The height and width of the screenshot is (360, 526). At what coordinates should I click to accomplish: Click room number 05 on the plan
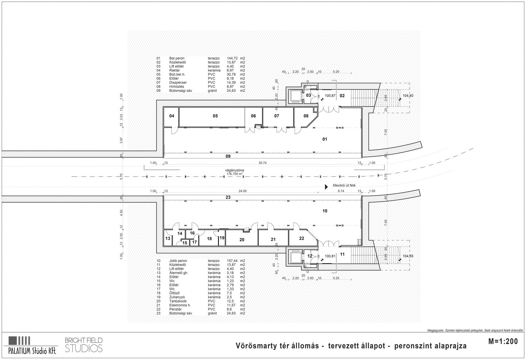click(215, 116)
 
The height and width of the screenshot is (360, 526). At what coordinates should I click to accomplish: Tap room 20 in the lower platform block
click(242, 240)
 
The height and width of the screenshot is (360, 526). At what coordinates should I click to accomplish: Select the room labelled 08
click(306, 116)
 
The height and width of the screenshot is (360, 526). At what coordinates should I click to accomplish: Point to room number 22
click(302, 238)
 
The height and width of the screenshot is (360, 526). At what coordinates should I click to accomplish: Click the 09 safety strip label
click(228, 156)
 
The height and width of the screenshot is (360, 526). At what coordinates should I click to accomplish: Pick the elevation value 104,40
click(408, 96)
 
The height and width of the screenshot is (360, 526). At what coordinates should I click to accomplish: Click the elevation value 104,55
click(408, 256)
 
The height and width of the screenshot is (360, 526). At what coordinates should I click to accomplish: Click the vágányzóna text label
click(235, 170)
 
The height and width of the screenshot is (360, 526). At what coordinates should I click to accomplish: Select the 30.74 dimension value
click(262, 163)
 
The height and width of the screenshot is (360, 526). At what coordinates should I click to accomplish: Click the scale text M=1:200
click(503, 341)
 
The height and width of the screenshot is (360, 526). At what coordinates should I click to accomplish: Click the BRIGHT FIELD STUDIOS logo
click(84, 344)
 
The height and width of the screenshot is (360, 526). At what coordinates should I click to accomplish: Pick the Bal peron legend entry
click(177, 58)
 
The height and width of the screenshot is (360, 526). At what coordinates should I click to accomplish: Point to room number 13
click(168, 238)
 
